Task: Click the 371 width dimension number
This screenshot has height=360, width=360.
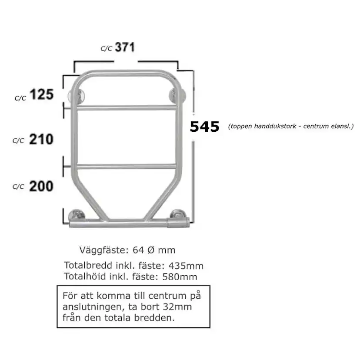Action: coord(125,47)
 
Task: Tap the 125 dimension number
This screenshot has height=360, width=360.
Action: coord(42,94)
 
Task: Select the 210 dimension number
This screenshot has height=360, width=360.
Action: coord(41,139)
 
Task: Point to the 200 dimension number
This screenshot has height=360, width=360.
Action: coord(41,186)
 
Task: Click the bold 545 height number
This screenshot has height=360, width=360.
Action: coord(205,127)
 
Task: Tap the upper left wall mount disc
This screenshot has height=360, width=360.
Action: coord(77,96)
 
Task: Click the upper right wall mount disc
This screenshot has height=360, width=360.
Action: coord(177,95)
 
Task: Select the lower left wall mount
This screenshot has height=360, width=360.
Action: coord(77,215)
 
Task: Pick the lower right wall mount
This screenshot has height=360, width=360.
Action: coord(177,214)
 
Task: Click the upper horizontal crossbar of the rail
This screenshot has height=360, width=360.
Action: coord(127,108)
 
